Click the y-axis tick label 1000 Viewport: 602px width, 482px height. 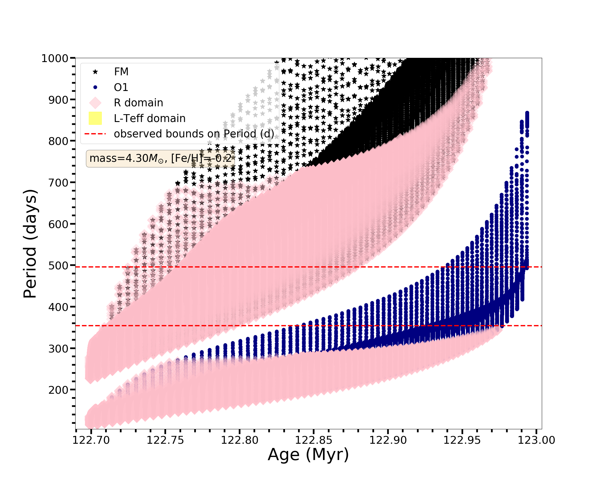[55, 58]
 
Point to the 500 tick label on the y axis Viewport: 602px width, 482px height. [59, 266]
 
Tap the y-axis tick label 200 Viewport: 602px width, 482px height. [59, 390]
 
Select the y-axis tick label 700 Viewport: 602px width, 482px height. [59, 183]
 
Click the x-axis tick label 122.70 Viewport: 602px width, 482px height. [92, 440]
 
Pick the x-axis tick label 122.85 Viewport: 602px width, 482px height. [314, 440]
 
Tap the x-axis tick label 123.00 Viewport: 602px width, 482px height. [536, 440]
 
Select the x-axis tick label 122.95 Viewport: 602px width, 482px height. [462, 440]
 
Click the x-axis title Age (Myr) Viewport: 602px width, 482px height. [308, 455]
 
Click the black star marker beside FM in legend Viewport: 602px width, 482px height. [95, 72]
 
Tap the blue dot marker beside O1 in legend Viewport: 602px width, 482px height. [95, 87]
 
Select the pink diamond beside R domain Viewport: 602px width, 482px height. [95, 103]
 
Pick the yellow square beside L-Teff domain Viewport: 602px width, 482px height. [95, 118]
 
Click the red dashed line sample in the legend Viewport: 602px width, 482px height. [95, 134]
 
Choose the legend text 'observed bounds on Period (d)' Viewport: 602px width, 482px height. [194, 134]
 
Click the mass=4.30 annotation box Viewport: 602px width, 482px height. [160, 158]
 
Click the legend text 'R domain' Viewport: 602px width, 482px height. [138, 103]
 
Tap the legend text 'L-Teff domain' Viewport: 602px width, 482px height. [150, 118]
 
